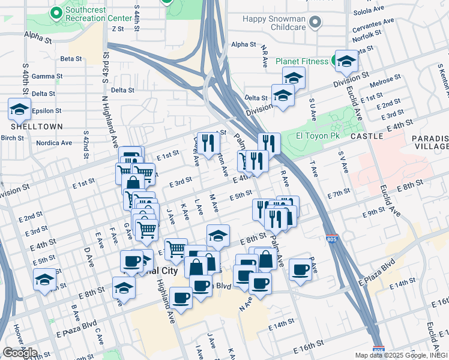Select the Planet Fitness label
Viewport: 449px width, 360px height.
(301, 61)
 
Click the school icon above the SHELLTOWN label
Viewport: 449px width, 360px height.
(20, 109)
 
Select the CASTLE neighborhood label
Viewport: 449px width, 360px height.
(367, 137)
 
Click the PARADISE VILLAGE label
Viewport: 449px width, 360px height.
(430, 142)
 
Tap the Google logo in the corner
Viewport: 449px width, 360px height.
(20, 353)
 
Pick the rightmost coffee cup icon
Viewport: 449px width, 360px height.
(301, 269)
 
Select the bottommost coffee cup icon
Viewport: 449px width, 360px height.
(181, 297)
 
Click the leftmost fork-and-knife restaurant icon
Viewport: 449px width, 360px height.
(208, 143)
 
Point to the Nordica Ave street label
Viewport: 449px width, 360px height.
(54, 143)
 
